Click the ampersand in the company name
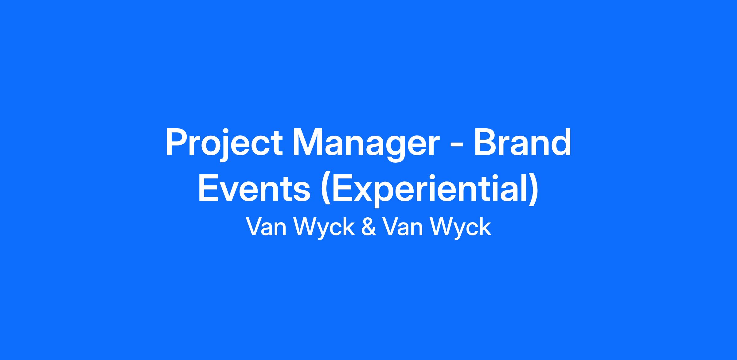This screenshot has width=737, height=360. pyautogui.click(x=368, y=227)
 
